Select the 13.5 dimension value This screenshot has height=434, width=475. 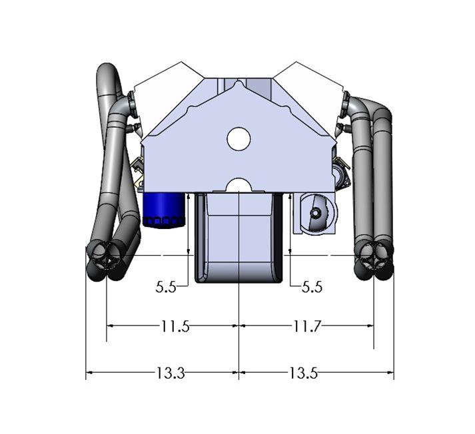pos(302,373)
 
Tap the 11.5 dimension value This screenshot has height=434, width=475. pos(175,326)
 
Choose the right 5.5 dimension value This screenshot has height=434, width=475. pos(312,287)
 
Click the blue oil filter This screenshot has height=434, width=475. pos(163,210)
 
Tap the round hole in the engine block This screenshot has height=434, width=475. pos(238,138)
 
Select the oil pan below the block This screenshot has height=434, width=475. pos(238,240)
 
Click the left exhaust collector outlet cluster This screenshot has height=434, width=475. pos(107,260)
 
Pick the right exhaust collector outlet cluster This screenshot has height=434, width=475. pos(374,260)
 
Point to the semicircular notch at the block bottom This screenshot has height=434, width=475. pos(238,185)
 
